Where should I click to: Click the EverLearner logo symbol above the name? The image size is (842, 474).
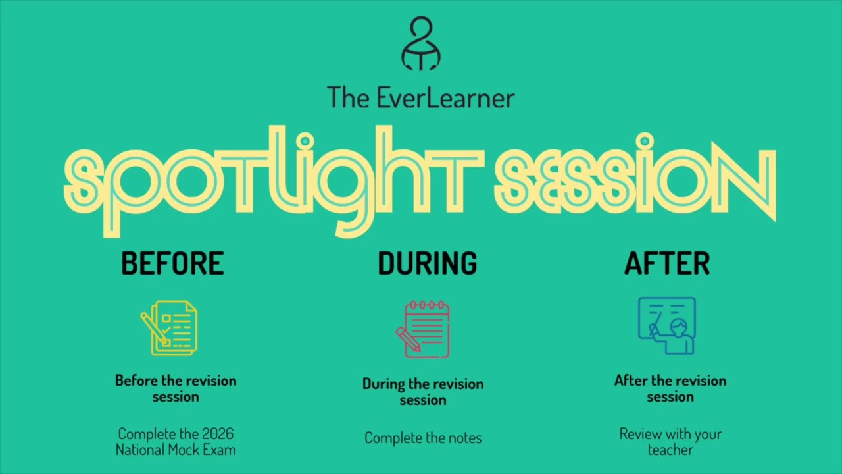tap(421, 44)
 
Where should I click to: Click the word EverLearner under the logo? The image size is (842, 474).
tap(445, 98)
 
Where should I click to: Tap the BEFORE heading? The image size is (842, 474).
tap(172, 263)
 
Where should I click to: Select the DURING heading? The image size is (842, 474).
tap(427, 263)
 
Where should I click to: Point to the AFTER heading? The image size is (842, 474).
tap(667, 263)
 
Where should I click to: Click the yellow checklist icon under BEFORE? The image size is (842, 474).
tap(170, 328)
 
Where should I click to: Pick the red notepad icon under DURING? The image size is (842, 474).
tap(424, 329)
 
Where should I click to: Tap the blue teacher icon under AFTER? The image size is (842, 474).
tap(667, 326)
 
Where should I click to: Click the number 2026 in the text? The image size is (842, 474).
tap(218, 434)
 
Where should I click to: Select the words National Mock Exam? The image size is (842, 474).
tap(176, 450)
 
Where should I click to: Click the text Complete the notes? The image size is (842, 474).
tap(423, 438)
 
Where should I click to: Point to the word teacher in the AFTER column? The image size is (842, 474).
tap(670, 450)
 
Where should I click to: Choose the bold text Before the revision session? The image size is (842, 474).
tap(176, 388)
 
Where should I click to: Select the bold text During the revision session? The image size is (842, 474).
tap(423, 392)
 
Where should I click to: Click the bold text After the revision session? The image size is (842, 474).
tap(670, 388)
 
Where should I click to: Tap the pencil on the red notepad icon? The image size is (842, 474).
tap(408, 339)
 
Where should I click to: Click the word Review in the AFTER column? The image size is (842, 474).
tap(639, 434)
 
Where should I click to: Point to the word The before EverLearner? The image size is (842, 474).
tap(349, 98)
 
